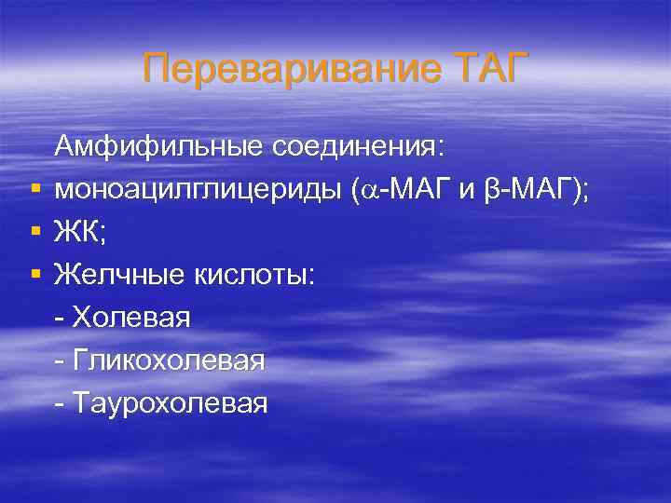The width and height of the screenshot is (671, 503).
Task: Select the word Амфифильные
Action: click(160, 145)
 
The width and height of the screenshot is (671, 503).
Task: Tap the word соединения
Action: click(360, 145)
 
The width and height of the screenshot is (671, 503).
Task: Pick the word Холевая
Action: click(131, 317)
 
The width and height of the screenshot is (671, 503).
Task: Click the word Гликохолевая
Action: click(168, 360)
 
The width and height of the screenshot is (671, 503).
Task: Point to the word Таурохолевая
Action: click(169, 402)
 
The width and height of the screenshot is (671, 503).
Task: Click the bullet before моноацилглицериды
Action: click(34, 190)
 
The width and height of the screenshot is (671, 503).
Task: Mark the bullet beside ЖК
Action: click(34, 232)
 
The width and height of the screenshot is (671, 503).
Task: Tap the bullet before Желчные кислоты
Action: click(34, 275)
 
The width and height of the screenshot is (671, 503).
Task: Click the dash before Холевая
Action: click(61, 318)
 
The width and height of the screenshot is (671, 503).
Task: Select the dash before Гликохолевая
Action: click(61, 360)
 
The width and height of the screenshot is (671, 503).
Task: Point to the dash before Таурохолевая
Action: click(61, 403)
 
